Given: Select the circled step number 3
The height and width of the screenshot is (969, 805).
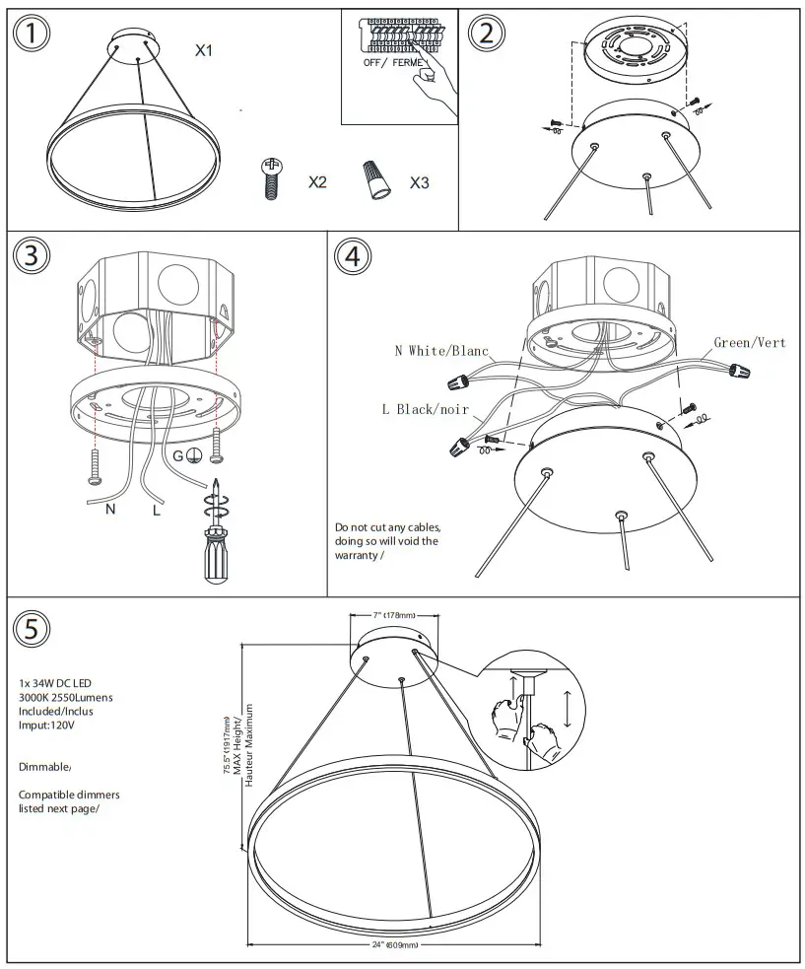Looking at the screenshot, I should point(33,255).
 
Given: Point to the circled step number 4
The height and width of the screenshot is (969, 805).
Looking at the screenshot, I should point(353,255).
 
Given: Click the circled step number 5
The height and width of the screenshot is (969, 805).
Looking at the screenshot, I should point(33,627).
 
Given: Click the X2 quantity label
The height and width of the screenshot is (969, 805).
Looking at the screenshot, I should point(317,182).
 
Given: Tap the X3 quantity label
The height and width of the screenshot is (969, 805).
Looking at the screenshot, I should point(419,182).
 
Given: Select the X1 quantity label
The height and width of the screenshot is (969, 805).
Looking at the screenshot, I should point(203,49).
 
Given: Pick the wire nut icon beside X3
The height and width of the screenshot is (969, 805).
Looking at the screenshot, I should point(375,179).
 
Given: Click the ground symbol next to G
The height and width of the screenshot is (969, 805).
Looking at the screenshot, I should point(196,455).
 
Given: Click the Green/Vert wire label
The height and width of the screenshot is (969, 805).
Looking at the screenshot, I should point(750,343).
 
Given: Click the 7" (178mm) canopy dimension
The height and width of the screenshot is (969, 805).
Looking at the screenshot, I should point(381,615).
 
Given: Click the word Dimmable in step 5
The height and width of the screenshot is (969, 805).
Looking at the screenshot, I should point(44,766).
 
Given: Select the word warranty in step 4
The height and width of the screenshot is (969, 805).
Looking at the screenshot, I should point(359,556).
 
